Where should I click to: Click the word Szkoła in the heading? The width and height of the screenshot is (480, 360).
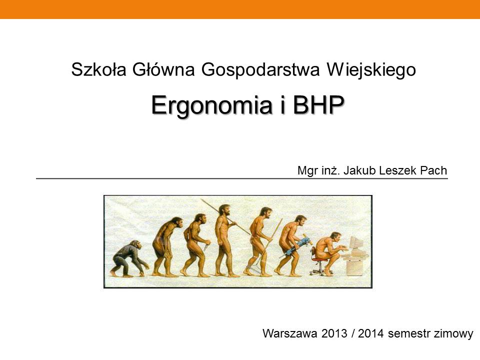tap(98, 69)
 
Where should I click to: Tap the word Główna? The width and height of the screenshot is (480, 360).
tap(163, 69)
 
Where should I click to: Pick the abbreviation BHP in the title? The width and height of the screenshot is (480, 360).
tap(318, 104)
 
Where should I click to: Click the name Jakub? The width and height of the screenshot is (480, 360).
tap(359, 170)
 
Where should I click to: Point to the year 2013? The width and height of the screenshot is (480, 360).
tap(334, 333)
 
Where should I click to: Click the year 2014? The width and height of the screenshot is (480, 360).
tap(370, 333)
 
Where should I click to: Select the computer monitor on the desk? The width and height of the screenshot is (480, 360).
tap(356, 243)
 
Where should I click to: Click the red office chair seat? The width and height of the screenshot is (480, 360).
tap(319, 260)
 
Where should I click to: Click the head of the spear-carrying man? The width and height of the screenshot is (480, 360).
tap(225, 210)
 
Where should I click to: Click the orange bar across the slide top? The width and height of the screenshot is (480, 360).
tap(240, 9)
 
